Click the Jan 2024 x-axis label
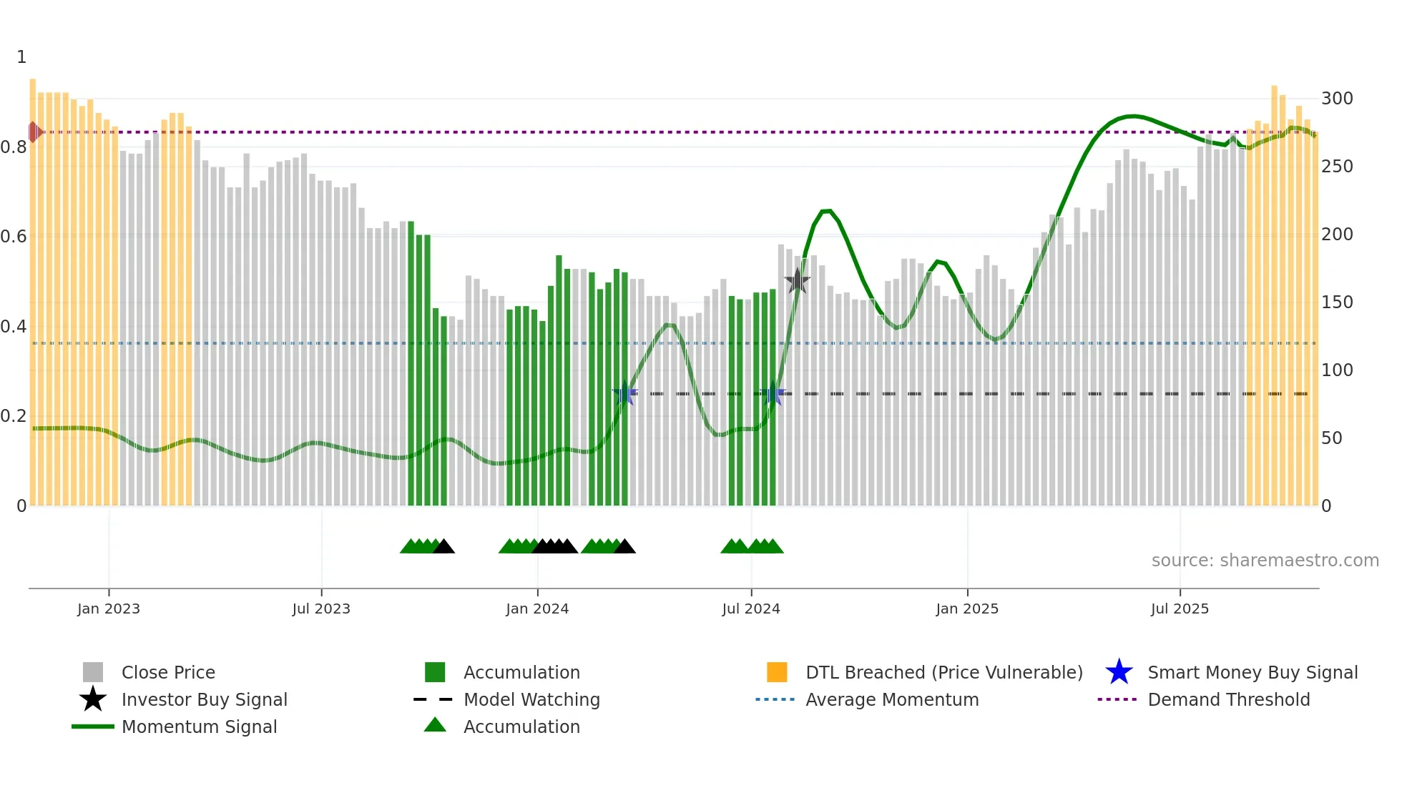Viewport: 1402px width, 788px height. pos(537,609)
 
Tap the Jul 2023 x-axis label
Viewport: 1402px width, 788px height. pos(321,609)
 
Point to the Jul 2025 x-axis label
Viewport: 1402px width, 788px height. pos(1180,609)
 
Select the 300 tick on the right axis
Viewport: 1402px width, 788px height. pos(1336,99)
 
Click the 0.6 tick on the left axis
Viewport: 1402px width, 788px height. pos(14,237)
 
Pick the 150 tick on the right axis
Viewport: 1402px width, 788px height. pos(1336,302)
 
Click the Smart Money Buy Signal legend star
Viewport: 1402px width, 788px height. pos(1119,672)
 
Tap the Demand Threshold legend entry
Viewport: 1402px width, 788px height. pos(1228,699)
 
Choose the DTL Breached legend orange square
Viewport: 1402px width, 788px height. pos(777,672)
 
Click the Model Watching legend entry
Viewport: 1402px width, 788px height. pos(531,699)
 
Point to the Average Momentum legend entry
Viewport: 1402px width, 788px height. pos(891,699)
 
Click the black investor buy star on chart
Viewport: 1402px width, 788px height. pos(797,281)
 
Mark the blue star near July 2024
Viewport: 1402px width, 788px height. pos(773,393)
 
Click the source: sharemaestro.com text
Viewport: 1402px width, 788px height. pos(1265,561)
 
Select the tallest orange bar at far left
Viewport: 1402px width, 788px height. pos(33,286)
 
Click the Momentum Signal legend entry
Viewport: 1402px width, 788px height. pos(199,727)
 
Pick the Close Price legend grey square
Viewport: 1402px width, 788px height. pos(93,672)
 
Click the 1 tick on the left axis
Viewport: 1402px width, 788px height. pos(21,57)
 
